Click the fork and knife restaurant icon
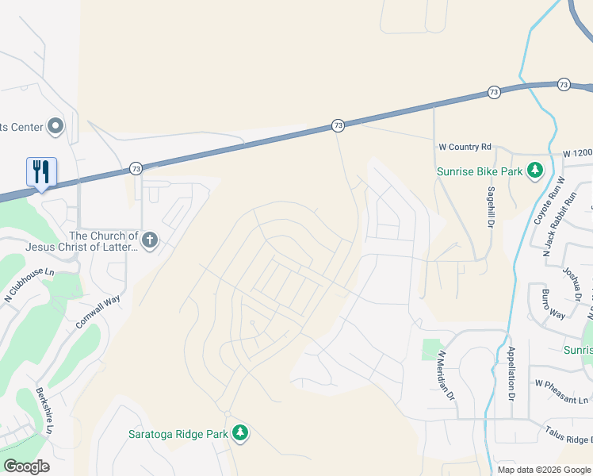click(41, 171)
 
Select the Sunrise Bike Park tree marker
click(535, 171)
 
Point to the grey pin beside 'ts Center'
click(55, 125)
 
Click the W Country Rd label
click(465, 147)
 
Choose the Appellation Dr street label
click(511, 373)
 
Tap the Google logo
click(26, 466)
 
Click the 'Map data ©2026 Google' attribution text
click(544, 470)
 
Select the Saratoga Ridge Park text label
click(178, 433)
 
